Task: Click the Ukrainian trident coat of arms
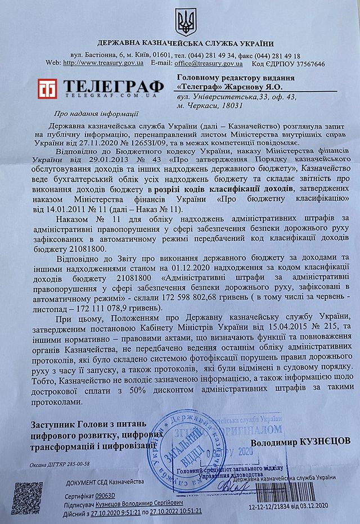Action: click(186, 21)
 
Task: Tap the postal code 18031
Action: click(230, 105)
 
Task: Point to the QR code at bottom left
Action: click(29, 499)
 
